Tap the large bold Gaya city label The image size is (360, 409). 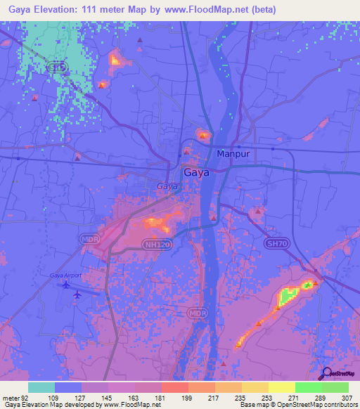pyautogui.click(x=195, y=172)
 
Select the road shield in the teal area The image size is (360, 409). pyautogui.click(x=60, y=67)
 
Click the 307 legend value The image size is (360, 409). pyautogui.click(x=348, y=397)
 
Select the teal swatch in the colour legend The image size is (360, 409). pyautogui.click(x=41, y=387)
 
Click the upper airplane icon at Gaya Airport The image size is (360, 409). pyautogui.click(x=67, y=285)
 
